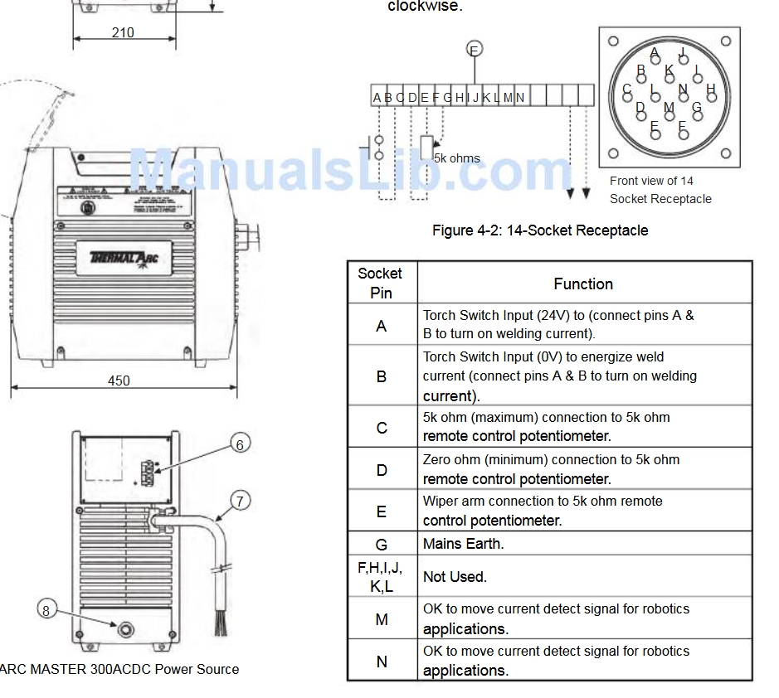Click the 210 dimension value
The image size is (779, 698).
(123, 33)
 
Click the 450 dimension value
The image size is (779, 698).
(119, 381)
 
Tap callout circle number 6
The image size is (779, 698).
(239, 445)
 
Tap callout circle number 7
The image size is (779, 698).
(239, 501)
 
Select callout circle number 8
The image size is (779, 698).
(46, 610)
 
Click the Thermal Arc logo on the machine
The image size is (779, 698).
(124, 256)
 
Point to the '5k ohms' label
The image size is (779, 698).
(457, 158)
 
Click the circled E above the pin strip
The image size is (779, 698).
(475, 49)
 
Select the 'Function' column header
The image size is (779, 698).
(583, 284)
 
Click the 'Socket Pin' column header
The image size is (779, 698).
(381, 283)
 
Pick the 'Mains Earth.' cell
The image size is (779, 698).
(464, 544)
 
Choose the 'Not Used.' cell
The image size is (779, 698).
(455, 576)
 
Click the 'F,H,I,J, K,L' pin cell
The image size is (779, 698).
(381, 576)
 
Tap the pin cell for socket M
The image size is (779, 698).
(381, 618)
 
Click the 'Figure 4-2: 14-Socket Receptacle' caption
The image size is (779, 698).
(540, 230)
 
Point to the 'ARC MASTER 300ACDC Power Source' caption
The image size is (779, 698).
(119, 669)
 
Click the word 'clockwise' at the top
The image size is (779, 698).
(424, 7)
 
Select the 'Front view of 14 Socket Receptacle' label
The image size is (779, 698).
(660, 190)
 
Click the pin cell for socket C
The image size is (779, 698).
(381, 427)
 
